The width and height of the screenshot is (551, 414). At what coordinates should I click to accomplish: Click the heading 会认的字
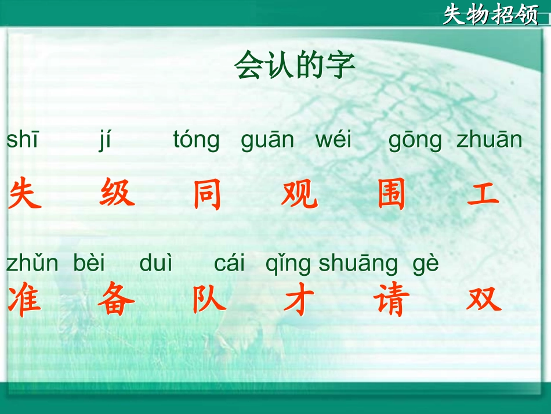point(295,66)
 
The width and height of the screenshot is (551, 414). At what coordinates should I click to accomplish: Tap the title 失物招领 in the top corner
point(491,15)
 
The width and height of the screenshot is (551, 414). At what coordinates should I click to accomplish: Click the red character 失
point(26,194)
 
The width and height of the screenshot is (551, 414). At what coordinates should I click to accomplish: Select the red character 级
point(117,193)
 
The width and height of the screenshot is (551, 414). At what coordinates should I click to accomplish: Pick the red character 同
point(207,195)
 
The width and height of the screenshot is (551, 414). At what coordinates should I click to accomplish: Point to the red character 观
point(299,195)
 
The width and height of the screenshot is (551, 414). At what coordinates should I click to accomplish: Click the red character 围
point(391,195)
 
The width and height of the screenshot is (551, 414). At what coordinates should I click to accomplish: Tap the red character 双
point(483,300)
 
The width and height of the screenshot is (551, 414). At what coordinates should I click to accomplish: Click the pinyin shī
point(22,141)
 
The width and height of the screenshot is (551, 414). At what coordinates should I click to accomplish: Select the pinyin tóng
point(197,141)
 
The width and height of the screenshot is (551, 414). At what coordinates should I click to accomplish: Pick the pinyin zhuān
point(490,141)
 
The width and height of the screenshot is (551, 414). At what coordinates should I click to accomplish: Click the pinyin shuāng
point(358,265)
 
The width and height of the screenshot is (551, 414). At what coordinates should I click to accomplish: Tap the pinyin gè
point(426,265)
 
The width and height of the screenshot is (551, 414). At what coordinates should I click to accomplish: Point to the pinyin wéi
point(333,141)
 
